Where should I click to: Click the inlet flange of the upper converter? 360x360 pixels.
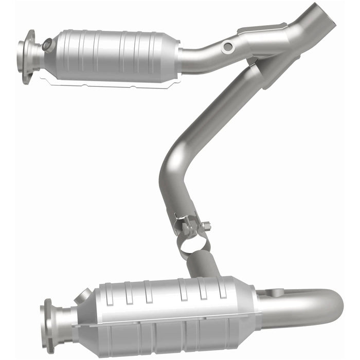pos(26,57)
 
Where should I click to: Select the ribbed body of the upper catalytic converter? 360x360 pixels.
pos(113,54)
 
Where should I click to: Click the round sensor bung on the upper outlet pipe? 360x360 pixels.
pos(227,47)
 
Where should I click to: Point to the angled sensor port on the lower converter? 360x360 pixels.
pos(83,297)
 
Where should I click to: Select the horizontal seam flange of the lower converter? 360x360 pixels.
pos(165,323)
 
